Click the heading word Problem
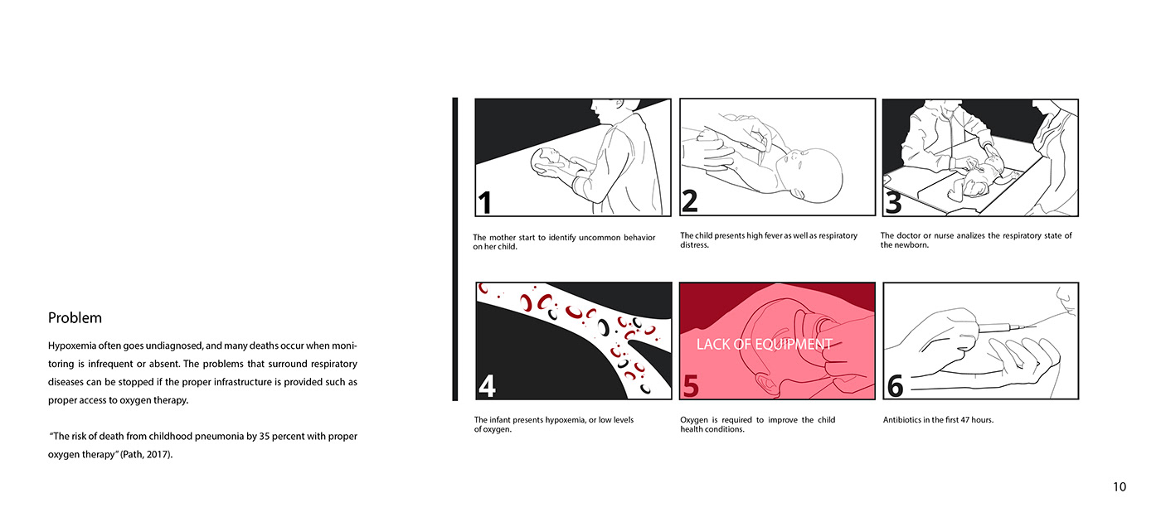[75, 318]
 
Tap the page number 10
[1120, 487]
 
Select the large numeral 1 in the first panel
[484, 203]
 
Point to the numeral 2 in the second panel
[690, 201]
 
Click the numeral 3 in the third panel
[894, 202]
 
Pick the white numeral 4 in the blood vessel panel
[487, 386]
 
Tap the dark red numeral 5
[691, 386]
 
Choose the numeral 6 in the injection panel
[895, 386]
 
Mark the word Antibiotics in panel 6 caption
[901, 420]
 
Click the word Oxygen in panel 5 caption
[693, 420]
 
